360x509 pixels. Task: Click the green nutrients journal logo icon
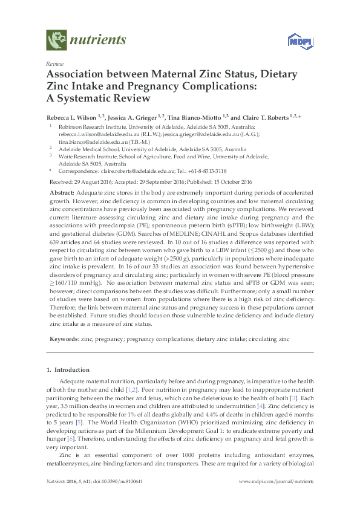tap(57, 40)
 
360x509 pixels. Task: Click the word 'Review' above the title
tap(55, 63)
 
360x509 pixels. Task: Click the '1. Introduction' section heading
tap(68, 369)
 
